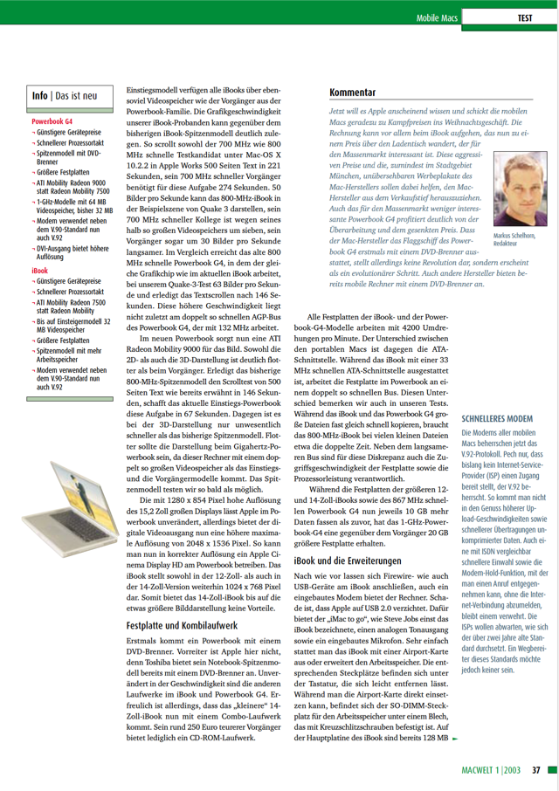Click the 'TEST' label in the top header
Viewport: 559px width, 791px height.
pyautogui.click(x=525, y=17)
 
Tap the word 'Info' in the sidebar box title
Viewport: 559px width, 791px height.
pyautogui.click(x=39, y=95)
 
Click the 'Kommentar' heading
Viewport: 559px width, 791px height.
pyautogui.click(x=353, y=92)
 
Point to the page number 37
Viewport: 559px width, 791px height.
pyautogui.click(x=537, y=770)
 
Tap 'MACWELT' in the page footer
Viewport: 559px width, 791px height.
pyautogui.click(x=480, y=770)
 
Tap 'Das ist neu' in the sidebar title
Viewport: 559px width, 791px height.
pyautogui.click(x=84, y=95)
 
